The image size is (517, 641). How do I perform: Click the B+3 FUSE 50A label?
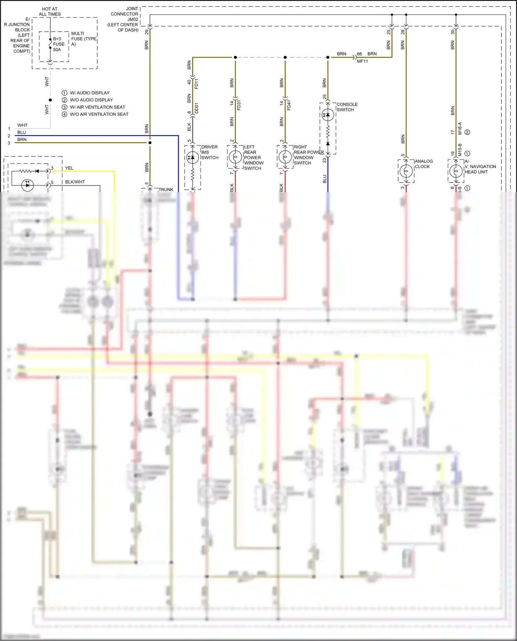[58, 44]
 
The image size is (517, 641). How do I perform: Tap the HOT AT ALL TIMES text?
[50, 12]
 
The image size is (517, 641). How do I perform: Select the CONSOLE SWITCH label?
[347, 107]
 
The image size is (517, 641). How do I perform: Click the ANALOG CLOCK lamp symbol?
[406, 171]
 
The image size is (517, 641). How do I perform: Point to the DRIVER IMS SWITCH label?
[210, 152]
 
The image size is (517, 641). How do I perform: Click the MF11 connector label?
[362, 61]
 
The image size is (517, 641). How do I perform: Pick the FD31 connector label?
[239, 105]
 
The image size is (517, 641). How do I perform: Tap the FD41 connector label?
[289, 105]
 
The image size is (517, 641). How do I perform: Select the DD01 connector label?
[196, 108]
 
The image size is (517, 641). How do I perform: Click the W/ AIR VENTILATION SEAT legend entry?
[97, 107]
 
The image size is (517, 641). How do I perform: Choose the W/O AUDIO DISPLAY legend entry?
[91, 100]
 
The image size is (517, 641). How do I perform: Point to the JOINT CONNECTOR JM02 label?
[124, 19]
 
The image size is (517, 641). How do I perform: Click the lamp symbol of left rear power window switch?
[235, 157]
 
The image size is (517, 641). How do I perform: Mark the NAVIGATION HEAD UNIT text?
[480, 169]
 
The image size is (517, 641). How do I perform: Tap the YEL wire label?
[69, 168]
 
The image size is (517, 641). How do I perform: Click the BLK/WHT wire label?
[75, 182]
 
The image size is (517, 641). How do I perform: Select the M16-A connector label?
[460, 128]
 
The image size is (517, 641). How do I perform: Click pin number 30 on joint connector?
[453, 32]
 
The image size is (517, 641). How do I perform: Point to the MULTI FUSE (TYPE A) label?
[83, 39]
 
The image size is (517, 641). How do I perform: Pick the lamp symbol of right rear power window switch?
[285, 157]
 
